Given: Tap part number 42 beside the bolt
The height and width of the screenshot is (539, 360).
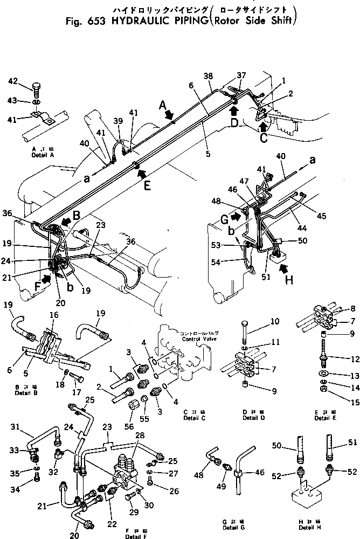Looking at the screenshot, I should point(13,81).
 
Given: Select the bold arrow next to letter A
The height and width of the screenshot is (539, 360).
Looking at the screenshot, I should point(169,114).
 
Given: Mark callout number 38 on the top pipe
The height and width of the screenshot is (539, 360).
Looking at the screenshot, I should point(208,77).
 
